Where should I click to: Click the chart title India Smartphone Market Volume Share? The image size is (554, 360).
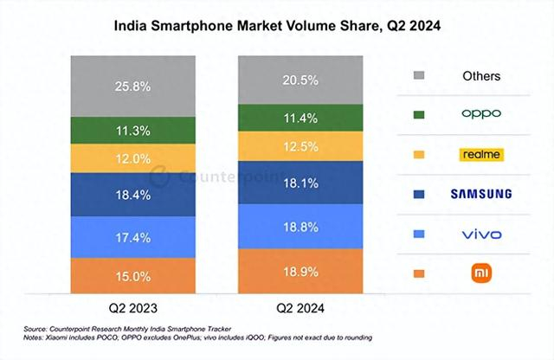[x=278, y=27]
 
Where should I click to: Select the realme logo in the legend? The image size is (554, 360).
[x=480, y=155]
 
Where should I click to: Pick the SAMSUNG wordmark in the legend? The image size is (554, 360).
[x=480, y=194]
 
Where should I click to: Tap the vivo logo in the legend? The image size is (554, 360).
[x=480, y=234]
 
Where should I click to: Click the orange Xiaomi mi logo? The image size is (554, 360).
[x=480, y=273]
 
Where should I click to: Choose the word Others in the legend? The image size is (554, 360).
[x=480, y=76]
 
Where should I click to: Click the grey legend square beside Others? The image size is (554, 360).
[x=419, y=76]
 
